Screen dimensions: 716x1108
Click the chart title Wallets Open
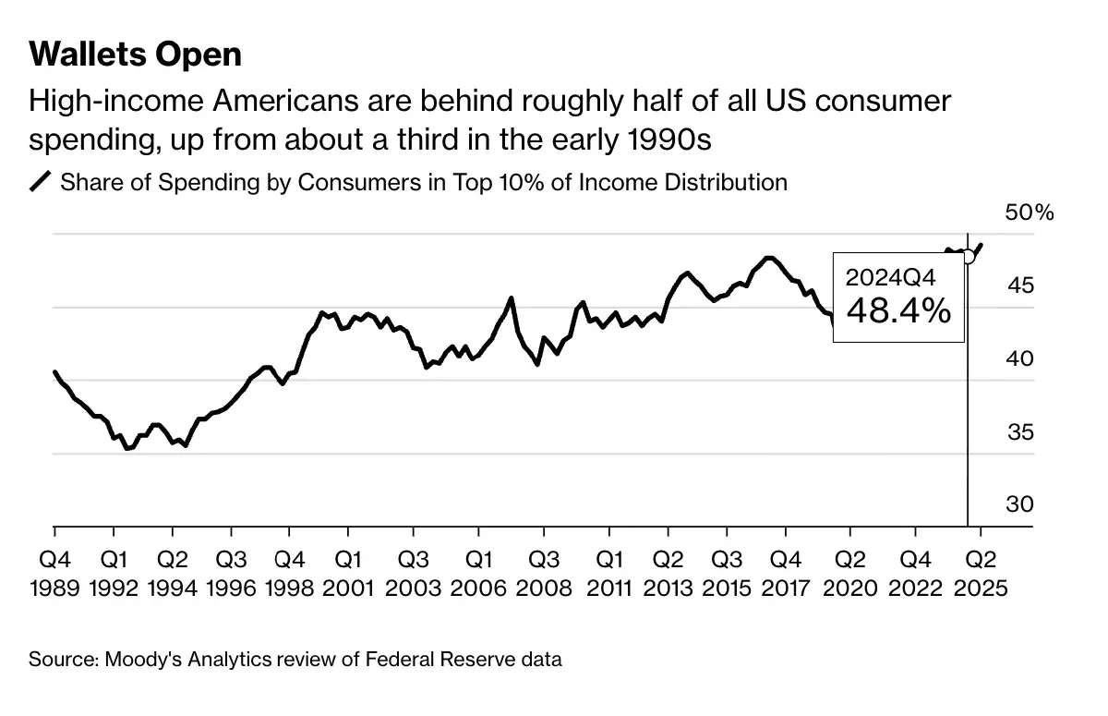[135, 55]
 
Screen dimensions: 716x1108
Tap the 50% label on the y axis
[1029, 212]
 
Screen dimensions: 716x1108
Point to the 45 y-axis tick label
[1019, 285]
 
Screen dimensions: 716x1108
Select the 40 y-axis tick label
[1019, 358]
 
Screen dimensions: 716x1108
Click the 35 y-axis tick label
[1019, 431]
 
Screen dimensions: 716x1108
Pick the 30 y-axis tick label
[1019, 504]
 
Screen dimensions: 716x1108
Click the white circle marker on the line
[968, 256]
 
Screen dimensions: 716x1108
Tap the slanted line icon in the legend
[42, 182]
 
